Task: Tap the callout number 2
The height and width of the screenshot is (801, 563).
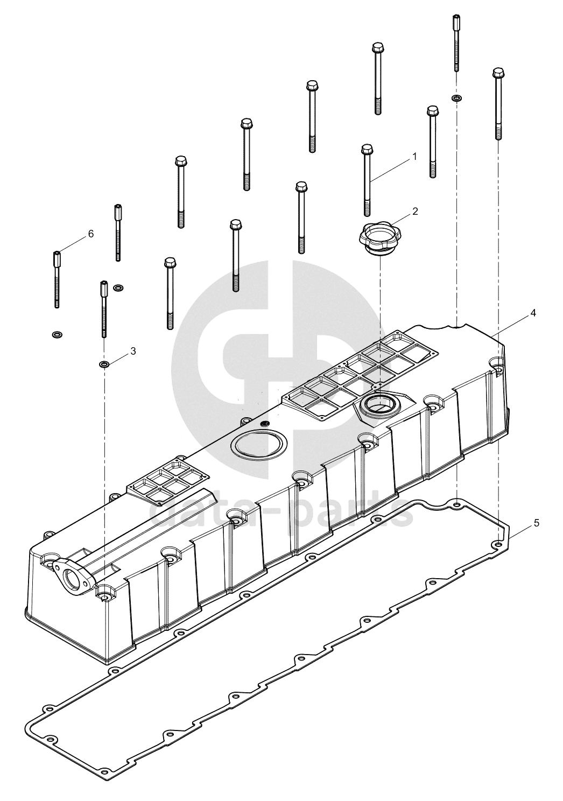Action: [415, 211]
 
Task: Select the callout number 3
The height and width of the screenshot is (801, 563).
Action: [133, 351]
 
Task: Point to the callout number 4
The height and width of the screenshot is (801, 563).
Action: [533, 313]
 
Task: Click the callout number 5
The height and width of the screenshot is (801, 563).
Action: [537, 523]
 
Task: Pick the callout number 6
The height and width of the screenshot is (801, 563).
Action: [90, 234]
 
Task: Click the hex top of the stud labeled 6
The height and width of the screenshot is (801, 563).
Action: [57, 257]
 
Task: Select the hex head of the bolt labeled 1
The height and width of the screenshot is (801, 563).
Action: [365, 149]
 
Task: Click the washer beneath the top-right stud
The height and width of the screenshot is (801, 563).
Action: [456, 97]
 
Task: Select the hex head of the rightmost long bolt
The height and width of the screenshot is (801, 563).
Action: [497, 73]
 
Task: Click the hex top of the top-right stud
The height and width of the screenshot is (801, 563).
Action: [456, 20]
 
